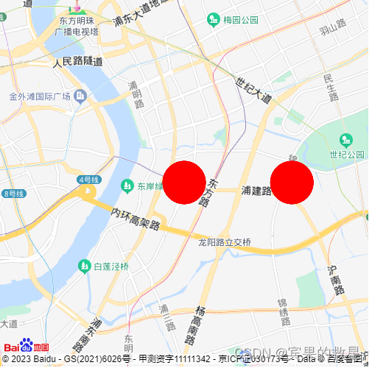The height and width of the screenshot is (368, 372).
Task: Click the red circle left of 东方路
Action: click(x=183, y=183)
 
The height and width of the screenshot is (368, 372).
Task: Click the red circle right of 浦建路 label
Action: click(x=292, y=183)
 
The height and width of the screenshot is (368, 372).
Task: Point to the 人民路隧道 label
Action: click(x=78, y=62)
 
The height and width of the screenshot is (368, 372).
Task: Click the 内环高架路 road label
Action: click(x=136, y=219)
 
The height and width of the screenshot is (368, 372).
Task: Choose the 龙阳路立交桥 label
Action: click(x=225, y=242)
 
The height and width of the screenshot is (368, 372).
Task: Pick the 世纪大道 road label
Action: click(x=253, y=90)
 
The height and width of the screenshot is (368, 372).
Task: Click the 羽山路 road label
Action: click(x=333, y=28)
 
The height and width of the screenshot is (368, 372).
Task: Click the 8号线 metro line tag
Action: click(x=13, y=194)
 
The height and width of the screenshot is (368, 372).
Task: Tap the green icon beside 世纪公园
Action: click(x=346, y=140)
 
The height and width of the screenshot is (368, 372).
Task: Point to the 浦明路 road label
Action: click(x=136, y=94)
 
